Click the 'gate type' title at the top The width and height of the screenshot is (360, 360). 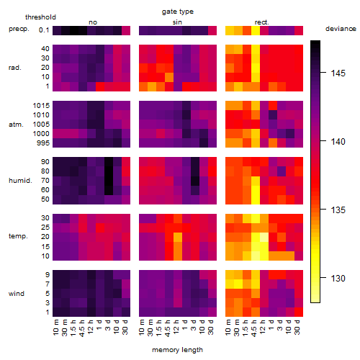(178, 12)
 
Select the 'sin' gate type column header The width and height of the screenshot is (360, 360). (177, 22)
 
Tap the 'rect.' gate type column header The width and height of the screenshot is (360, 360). (262, 22)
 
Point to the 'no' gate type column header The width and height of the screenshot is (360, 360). (93, 22)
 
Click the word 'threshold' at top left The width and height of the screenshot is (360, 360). (40, 17)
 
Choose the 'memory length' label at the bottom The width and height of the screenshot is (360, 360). (178, 350)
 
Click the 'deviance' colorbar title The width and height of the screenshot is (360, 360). (341, 29)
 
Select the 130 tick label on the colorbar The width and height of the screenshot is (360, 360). (338, 279)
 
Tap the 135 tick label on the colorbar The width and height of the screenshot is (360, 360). (338, 210)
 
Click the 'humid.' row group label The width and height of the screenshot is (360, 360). (20, 181)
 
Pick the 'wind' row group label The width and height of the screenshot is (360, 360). (17, 294)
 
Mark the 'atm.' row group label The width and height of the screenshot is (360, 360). (16, 125)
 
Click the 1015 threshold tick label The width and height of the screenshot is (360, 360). (41, 106)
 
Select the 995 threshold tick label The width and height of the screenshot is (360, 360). (43, 143)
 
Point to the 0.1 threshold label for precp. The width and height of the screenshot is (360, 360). (44, 30)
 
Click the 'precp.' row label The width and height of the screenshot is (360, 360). (19, 29)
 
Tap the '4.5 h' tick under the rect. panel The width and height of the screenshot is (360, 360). (254, 328)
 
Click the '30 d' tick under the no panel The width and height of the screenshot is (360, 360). (125, 327)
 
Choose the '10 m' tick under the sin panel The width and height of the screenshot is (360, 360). (142, 328)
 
